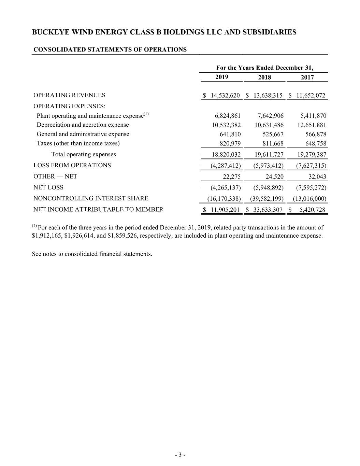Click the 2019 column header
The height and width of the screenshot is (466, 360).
coord(222,77)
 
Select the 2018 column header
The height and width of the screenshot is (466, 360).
coord(264,77)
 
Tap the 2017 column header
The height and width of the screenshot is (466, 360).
coord(307,77)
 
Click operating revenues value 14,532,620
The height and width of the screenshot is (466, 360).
coord(225,96)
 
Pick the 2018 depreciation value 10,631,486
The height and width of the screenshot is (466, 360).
coord(269,125)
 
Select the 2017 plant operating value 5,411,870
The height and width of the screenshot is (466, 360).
coord(312,116)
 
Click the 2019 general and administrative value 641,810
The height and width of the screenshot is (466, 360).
coord(230,134)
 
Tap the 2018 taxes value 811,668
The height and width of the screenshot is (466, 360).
coord(273,143)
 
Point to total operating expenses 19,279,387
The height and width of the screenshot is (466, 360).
coord(312,155)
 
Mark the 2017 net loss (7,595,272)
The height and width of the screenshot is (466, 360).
coord(312,188)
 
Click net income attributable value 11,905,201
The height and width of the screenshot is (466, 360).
coord(225,210)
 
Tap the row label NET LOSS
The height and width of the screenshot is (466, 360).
coord(48,187)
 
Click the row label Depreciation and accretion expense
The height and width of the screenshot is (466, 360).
coord(83,125)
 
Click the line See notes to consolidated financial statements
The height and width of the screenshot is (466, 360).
coord(92,254)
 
